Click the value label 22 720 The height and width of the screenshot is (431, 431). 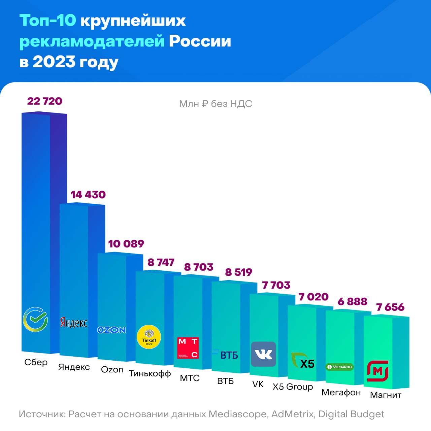click(45, 101)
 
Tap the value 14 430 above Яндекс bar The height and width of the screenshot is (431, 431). click(88, 195)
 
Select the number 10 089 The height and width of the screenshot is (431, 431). click(126, 244)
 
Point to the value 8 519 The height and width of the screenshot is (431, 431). click(238, 272)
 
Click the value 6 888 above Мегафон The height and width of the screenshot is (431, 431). click(352, 301)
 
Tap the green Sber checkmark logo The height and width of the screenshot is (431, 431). click(35, 319)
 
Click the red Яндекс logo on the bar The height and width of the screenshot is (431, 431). click(74, 322)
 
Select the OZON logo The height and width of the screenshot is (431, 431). click(111, 330)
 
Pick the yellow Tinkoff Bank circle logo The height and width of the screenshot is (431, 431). click(149, 337)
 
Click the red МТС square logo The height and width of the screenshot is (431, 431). click(188, 348)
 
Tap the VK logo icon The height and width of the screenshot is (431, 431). click(263, 354)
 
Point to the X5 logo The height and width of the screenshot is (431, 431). click(303, 361)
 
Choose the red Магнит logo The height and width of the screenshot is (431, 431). click(377, 371)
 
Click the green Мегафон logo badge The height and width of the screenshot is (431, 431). click(340, 367)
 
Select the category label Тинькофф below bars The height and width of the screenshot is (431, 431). click(150, 374)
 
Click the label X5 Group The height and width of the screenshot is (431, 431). click(293, 387)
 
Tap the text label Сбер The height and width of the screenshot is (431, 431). click(36, 363)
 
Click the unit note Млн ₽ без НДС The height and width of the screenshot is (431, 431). click(215, 104)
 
